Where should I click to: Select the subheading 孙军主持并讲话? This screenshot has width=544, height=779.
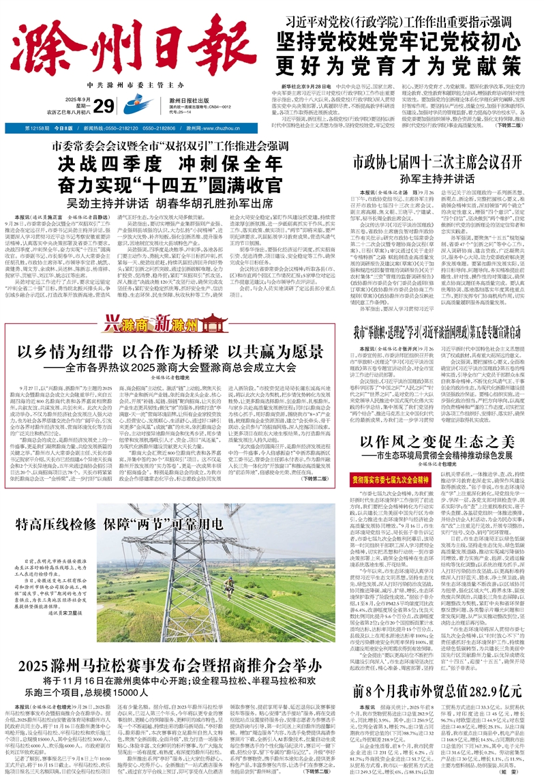(436, 179)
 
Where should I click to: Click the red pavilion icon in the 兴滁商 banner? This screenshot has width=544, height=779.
(139, 319)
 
